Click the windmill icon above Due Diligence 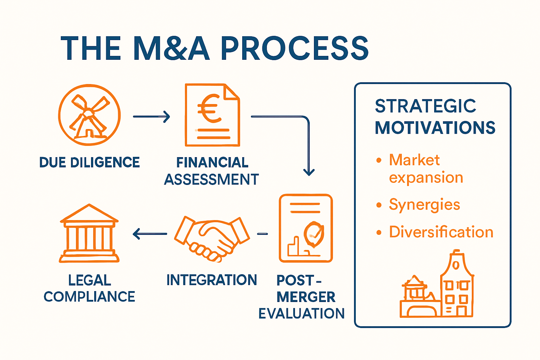click(89, 115)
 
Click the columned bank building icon click(89, 234)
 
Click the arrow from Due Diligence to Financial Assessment click(151, 116)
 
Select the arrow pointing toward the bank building click(149, 234)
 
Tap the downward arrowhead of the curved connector click(309, 172)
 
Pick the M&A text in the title click(172, 49)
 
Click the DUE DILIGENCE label click(89, 162)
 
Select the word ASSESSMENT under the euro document click(211, 180)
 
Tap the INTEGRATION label click(212, 280)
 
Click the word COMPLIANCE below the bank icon click(89, 297)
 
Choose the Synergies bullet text click(424, 205)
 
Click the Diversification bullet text click(441, 232)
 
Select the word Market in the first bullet click(414, 160)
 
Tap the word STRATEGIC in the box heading click(425, 106)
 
